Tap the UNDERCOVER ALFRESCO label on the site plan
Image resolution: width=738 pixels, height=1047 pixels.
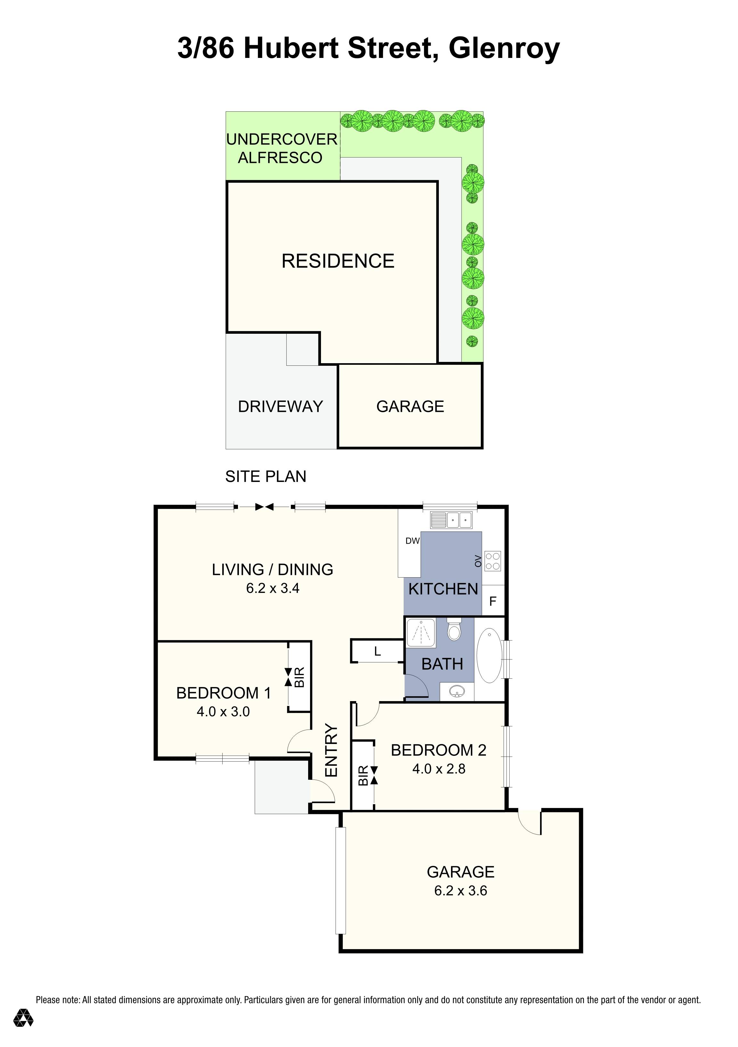[282, 148]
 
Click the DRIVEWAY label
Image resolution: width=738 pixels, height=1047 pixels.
[280, 406]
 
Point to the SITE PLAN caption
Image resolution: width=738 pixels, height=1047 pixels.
[266, 476]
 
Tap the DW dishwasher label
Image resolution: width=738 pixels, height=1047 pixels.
[413, 541]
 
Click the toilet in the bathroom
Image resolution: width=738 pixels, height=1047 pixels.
[454, 629]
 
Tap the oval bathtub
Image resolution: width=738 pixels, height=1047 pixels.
[489, 655]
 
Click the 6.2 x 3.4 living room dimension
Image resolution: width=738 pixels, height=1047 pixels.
[273, 588]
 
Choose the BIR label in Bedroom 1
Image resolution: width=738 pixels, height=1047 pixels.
[299, 677]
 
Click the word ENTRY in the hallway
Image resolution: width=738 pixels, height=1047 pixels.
[331, 750]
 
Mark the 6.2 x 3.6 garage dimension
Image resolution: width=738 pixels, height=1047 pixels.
[461, 891]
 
